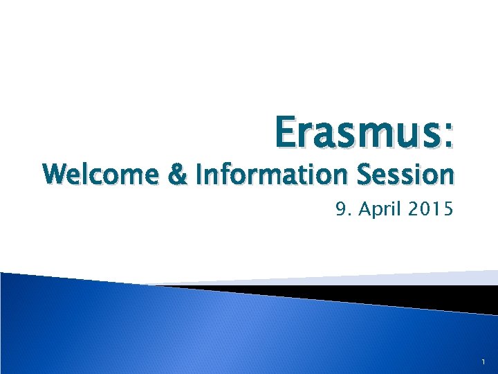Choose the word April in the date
tap(378, 208)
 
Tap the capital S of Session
tap(365, 176)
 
